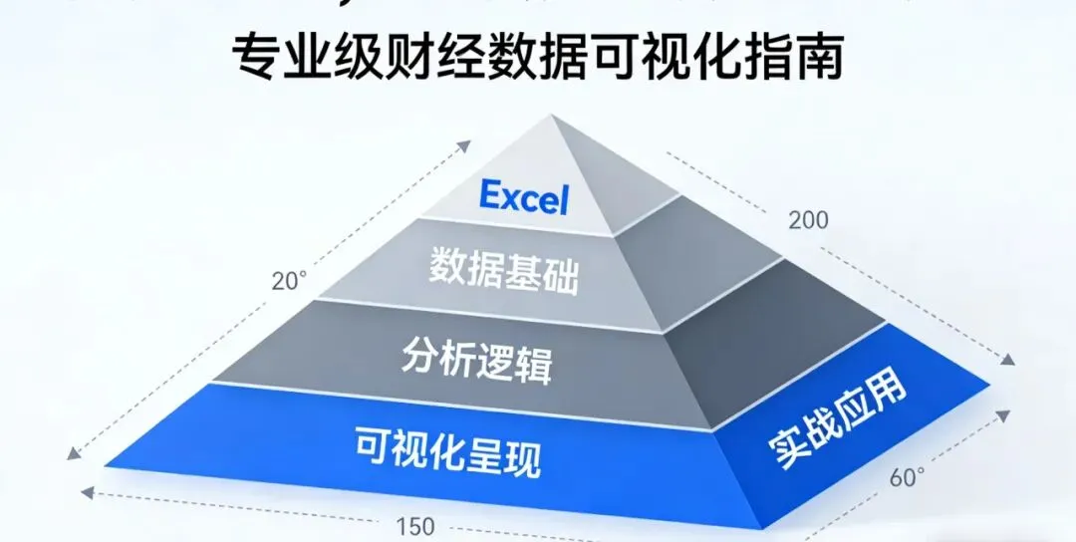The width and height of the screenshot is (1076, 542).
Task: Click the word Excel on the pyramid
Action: point(523,197)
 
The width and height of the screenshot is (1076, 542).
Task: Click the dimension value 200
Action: point(808,220)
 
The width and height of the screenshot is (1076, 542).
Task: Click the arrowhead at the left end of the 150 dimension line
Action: point(86,492)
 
